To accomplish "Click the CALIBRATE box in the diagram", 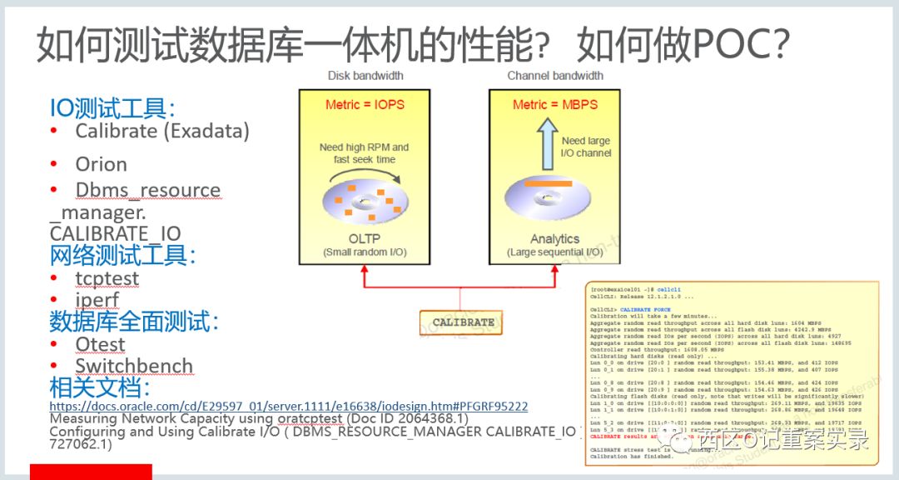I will tap(463, 322).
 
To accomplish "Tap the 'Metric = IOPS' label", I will tap(364, 105).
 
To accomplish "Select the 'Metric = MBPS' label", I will tap(555, 105).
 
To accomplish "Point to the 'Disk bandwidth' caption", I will tap(365, 76).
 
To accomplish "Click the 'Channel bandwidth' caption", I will tap(555, 76).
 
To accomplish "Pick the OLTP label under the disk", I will tap(364, 239).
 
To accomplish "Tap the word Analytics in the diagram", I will tap(555, 239).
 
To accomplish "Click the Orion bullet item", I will tap(101, 164).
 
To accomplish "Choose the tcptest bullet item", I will tap(107, 278).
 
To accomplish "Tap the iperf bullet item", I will tap(97, 300).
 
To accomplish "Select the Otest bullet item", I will tap(100, 344).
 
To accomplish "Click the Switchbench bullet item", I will tap(133, 366).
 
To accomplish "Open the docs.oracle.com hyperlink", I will tap(288, 406).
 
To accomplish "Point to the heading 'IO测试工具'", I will tap(112, 108).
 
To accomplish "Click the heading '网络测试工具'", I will tap(122, 256).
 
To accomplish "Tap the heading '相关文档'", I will tap(99, 388).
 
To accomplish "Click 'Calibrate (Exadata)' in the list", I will tap(161, 131).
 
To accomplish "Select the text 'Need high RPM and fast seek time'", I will tap(364, 153).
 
